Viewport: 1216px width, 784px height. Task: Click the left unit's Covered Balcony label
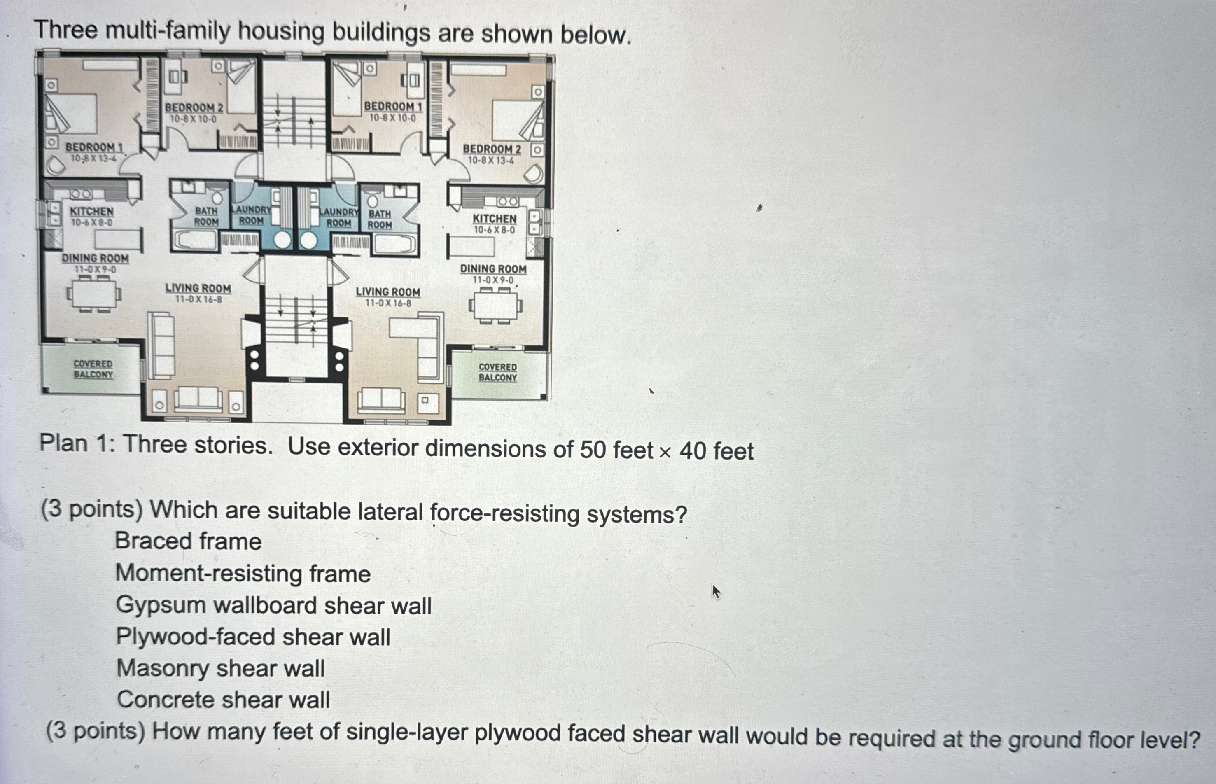tap(93, 369)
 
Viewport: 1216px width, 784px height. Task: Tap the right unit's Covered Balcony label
tap(497, 372)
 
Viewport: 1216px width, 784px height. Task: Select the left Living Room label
tap(198, 289)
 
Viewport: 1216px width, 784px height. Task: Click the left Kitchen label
tap(91, 211)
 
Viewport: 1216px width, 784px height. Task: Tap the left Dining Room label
tap(95, 259)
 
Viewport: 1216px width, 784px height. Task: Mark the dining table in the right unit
tap(495, 306)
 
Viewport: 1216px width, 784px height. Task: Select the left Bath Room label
tap(206, 216)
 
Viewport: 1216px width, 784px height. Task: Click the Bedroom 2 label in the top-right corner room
tap(492, 149)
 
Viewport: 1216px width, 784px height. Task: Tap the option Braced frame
tap(188, 541)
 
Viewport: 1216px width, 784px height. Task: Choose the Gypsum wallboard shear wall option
tap(273, 605)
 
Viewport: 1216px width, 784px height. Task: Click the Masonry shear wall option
tap(220, 668)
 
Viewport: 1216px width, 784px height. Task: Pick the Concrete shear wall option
tap(223, 700)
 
